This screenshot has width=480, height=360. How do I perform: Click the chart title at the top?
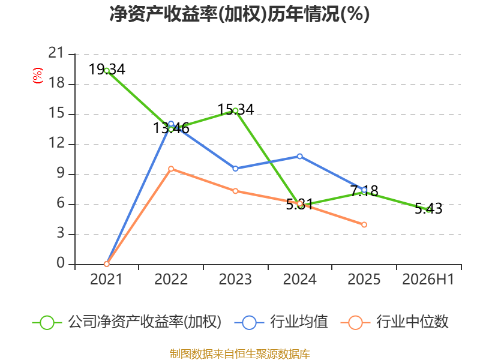[239, 14]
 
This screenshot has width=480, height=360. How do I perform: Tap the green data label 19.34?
[107, 69]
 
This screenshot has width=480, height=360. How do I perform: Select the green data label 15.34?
[235, 110]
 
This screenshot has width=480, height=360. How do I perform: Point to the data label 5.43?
[428, 208]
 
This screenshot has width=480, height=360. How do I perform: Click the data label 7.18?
[364, 191]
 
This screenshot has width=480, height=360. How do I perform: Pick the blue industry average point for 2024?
[299, 157]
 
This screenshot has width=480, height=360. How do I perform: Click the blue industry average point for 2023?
[235, 169]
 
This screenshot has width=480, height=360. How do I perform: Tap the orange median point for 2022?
[171, 169]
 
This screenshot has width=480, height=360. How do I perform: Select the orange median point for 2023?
[235, 191]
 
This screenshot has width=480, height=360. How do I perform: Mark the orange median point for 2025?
[364, 224]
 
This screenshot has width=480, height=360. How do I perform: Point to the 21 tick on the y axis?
[56, 53]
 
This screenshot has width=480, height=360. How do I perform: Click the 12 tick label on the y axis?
[56, 143]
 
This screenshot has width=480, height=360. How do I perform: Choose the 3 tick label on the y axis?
[61, 233]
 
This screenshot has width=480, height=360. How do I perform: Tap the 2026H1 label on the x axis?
[428, 279]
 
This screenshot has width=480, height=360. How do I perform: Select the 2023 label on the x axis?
[235, 279]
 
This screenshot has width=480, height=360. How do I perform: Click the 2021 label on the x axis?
[106, 279]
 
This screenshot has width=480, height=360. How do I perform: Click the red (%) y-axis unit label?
[38, 76]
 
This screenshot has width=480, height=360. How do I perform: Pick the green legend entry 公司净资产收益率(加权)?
[127, 322]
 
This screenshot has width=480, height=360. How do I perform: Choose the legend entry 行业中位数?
[395, 322]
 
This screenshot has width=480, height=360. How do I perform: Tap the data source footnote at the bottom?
[240, 354]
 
